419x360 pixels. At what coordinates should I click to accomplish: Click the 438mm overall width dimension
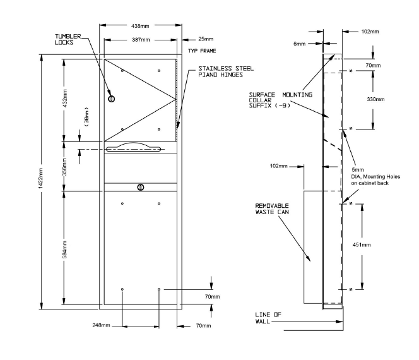pyautogui.click(x=140, y=26)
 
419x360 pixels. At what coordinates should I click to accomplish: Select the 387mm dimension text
pyautogui.click(x=141, y=40)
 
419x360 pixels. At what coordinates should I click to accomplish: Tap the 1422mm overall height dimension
pyautogui.click(x=40, y=178)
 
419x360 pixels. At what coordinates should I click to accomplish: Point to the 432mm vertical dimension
pyautogui.click(x=64, y=98)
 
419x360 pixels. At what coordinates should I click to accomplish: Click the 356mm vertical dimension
pyautogui.click(x=64, y=167)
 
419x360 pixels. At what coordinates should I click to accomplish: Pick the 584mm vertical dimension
pyautogui.click(x=64, y=250)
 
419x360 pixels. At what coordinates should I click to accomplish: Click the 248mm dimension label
pyautogui.click(x=101, y=325)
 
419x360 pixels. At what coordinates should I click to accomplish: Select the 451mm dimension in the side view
pyautogui.click(x=362, y=244)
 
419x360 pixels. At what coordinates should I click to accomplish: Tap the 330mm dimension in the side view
pyautogui.click(x=375, y=99)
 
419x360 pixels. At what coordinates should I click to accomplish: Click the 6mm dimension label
pyautogui.click(x=299, y=44)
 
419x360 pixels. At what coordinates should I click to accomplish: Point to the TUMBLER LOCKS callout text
pyautogui.click(x=68, y=39)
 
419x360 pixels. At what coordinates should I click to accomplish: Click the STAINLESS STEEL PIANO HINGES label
pyautogui.click(x=226, y=71)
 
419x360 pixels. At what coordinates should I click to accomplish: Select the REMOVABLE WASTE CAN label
pyautogui.click(x=272, y=209)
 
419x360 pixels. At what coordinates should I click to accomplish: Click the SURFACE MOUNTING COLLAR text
pyautogui.click(x=281, y=97)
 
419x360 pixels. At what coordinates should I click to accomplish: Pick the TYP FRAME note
pyautogui.click(x=202, y=51)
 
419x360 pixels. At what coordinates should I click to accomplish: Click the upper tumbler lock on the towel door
pyautogui.click(x=112, y=99)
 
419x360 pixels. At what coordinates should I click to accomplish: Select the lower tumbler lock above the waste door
pyautogui.click(x=141, y=187)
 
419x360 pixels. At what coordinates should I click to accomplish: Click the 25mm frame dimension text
pyautogui.click(x=206, y=39)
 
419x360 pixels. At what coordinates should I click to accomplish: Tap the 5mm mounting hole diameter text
pyautogui.click(x=358, y=169)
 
